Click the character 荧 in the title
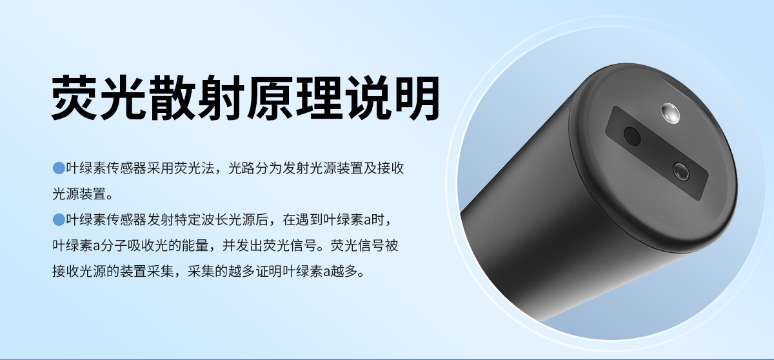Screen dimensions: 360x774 [x=75, y=97]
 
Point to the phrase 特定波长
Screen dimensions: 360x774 [x=197, y=220]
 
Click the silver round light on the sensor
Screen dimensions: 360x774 [x=671, y=115]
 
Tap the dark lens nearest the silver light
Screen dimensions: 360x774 [x=680, y=171]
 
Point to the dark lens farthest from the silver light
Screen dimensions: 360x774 [x=633, y=136]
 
